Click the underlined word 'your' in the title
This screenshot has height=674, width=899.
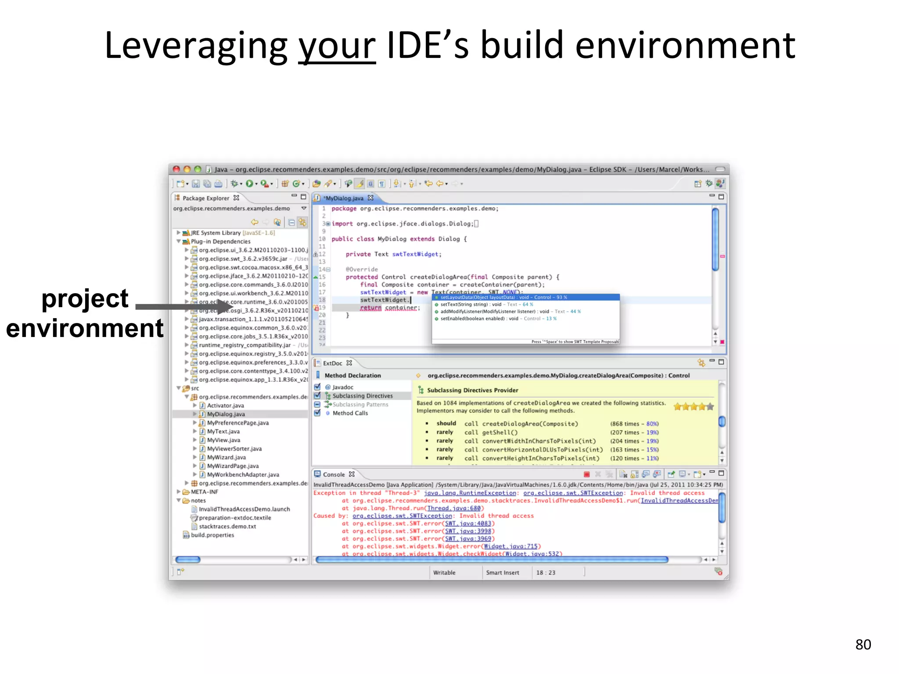click(x=337, y=46)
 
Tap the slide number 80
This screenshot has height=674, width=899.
click(x=863, y=644)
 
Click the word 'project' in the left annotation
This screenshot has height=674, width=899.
click(x=85, y=299)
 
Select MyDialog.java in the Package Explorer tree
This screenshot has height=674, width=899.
click(x=226, y=414)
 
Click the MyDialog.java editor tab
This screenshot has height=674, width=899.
click(x=344, y=198)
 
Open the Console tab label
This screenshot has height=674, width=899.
click(x=334, y=474)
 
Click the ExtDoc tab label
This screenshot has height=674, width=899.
click(x=332, y=363)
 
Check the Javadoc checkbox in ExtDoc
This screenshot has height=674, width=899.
click(x=317, y=387)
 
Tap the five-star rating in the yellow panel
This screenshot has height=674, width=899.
click(x=694, y=407)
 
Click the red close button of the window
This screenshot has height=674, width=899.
click(x=176, y=169)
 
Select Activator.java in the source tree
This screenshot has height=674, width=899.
click(x=225, y=405)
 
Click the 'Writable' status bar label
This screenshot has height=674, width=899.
click(x=444, y=573)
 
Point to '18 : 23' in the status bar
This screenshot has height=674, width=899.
click(x=546, y=573)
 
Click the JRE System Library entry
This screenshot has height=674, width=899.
click(x=215, y=233)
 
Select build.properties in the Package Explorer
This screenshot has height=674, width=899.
click(x=212, y=535)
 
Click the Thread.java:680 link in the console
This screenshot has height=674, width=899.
click(x=454, y=508)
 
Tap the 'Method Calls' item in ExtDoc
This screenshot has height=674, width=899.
click(x=350, y=413)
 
